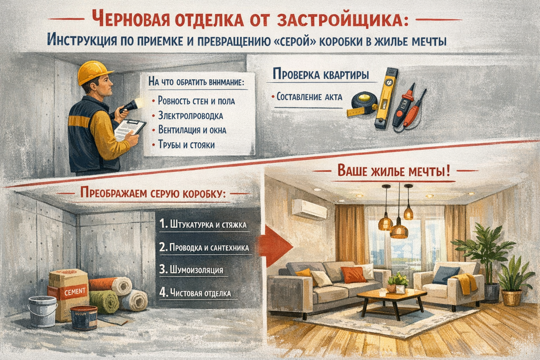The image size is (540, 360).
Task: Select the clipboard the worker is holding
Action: tap(130, 130)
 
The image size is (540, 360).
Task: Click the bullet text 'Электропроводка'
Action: tap(190, 116)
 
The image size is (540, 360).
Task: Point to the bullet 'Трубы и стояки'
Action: tap(186, 145)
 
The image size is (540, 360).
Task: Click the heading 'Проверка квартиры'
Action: tap(321, 74)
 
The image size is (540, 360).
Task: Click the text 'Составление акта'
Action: tap(309, 97)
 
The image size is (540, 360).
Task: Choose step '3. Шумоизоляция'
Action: tap(191, 270)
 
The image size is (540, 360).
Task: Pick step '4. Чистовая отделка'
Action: tap(195, 293)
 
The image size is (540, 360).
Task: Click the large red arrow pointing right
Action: tap(275, 247)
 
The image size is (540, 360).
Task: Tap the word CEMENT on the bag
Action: tap(75, 292)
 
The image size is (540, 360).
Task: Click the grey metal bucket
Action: tap(42, 311)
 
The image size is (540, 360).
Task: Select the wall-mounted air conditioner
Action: tap(309, 210)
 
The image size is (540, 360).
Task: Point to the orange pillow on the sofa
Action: tap(353, 275)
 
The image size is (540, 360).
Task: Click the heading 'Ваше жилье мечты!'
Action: tap(393, 171)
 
